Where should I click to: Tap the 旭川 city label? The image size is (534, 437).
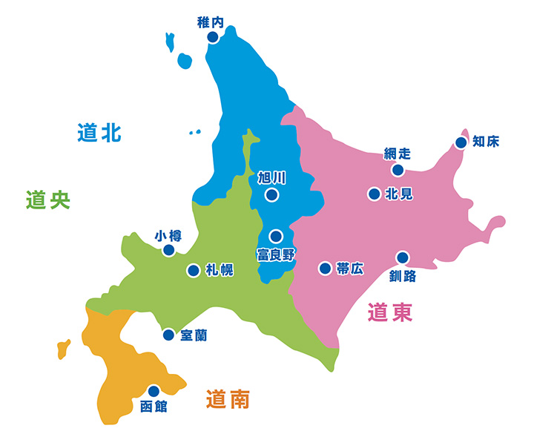coord(271,178)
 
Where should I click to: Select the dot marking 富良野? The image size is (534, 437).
coord(276,237)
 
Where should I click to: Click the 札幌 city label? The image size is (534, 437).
coord(220,271)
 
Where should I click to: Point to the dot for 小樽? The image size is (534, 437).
coord(168,251)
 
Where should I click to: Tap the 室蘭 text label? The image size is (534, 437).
coord(194,335)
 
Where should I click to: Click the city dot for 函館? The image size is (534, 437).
coord(154,391)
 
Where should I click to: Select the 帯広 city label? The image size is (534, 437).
coord(350,269)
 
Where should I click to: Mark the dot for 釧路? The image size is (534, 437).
coord(403,258)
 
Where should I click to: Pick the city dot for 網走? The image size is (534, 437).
coord(398,170)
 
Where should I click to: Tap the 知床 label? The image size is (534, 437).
coord(486,142)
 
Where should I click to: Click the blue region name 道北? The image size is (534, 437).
coord(99,134)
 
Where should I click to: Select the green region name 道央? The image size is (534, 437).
coord(47,200)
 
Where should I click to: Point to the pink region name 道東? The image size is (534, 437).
coord(389,313)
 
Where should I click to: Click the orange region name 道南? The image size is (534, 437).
coord(228,401)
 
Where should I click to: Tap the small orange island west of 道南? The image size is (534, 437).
coord(63,346)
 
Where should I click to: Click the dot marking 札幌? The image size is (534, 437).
coord(193,271)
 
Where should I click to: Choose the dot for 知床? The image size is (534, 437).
coord(461,142)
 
